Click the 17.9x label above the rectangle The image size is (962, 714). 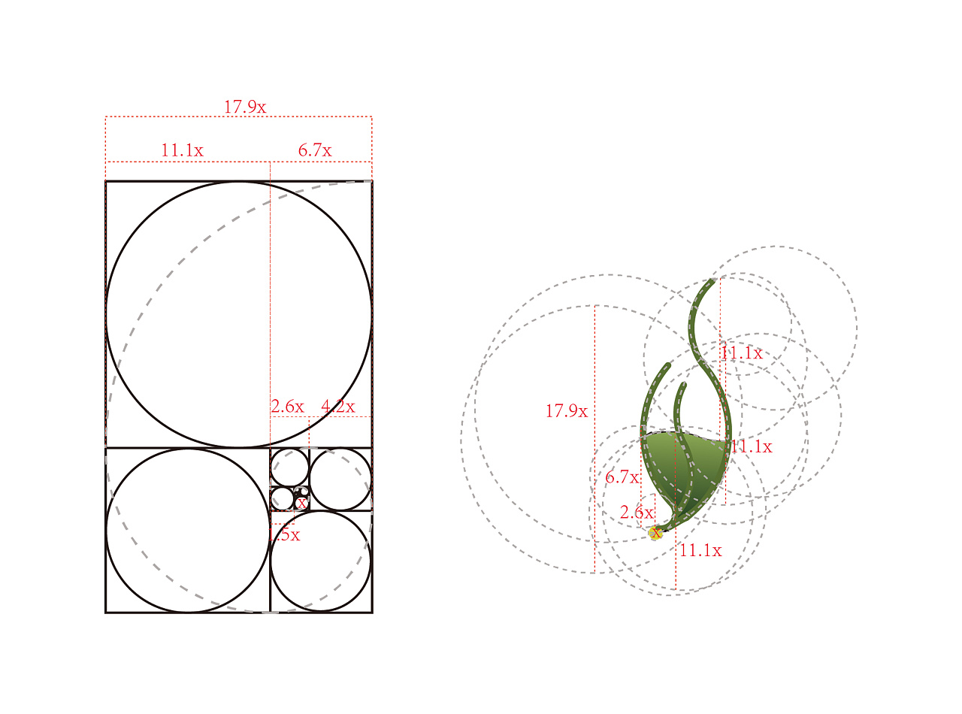tap(244, 107)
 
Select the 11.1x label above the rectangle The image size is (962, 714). tap(182, 150)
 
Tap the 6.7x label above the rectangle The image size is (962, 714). tap(314, 150)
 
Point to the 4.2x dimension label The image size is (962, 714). tap(338, 407)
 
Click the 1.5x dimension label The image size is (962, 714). tap(284, 535)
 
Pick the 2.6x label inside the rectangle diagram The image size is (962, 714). tap(288, 407)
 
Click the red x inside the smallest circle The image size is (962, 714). tap(302, 504)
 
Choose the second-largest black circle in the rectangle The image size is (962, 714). tap(106, 530)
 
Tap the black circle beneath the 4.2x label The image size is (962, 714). tap(310, 479)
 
